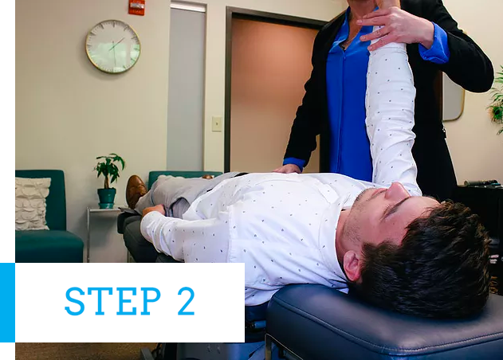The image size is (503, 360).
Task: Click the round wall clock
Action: [x=113, y=46]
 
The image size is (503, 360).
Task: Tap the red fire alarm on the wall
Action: [x=136, y=7]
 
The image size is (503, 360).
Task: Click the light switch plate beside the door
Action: [x=217, y=123]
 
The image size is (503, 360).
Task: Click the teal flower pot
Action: [x=107, y=198]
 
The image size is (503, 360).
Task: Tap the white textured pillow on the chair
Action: [x=32, y=203]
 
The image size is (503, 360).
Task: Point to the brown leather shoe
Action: [x=136, y=191]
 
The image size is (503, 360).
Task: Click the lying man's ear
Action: [x=354, y=266]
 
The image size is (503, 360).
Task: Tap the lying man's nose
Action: [x=397, y=190]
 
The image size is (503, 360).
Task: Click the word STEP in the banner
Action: [x=112, y=301]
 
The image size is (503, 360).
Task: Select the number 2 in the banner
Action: [x=187, y=301]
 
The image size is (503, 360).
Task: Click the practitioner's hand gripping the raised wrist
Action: [x=395, y=28]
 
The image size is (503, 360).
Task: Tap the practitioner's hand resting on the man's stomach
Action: [x=288, y=169]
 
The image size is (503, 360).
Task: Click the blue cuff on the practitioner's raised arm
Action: [x=434, y=45]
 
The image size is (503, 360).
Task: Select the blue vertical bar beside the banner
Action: [x=7, y=303]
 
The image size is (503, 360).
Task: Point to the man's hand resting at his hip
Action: [x=154, y=210]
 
